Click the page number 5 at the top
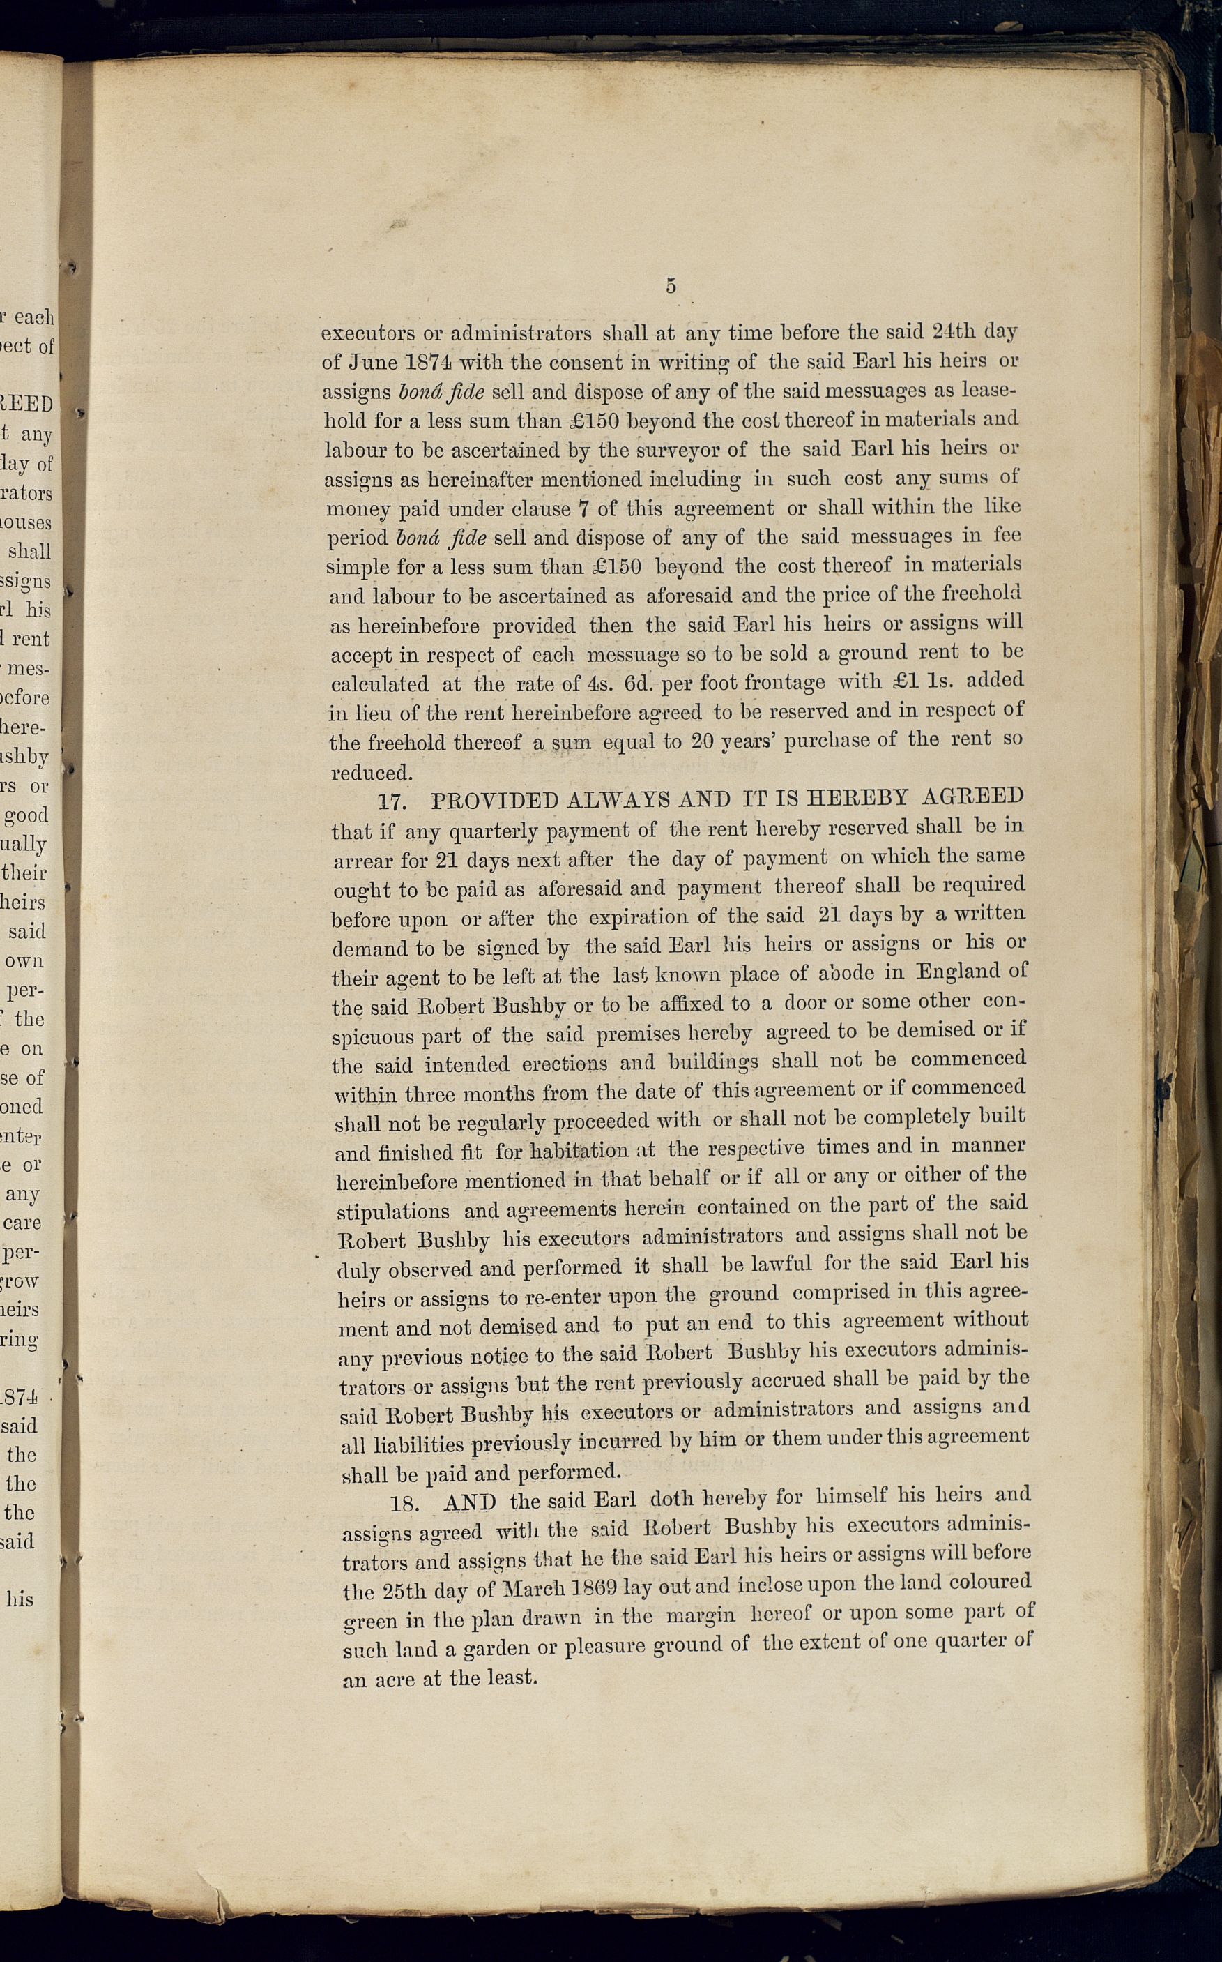(671, 285)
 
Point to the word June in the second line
(374, 363)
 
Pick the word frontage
(784, 682)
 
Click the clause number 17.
(392, 802)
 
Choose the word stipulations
(392, 1211)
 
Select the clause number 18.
(404, 1504)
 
